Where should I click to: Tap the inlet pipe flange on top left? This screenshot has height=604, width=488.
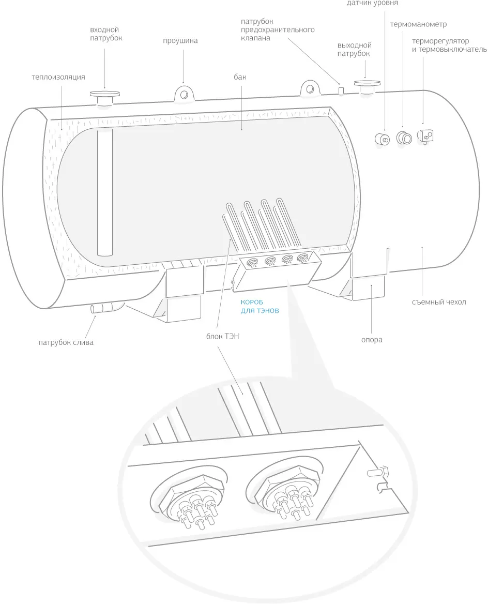105,95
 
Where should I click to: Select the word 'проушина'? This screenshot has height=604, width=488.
180,41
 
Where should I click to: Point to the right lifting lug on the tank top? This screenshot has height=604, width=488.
309,88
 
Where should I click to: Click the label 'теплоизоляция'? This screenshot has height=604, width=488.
58,78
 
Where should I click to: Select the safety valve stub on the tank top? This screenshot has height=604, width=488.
341,90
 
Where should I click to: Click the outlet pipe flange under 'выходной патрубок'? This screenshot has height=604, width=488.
366,85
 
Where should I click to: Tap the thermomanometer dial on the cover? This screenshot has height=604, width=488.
404,138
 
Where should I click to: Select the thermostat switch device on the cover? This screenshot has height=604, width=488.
426,135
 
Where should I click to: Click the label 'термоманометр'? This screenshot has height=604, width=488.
419,24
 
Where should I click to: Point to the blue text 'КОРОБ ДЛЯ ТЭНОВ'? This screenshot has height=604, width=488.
260,307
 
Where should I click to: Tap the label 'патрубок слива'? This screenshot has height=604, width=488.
66,342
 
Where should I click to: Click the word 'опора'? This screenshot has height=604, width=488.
372,340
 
